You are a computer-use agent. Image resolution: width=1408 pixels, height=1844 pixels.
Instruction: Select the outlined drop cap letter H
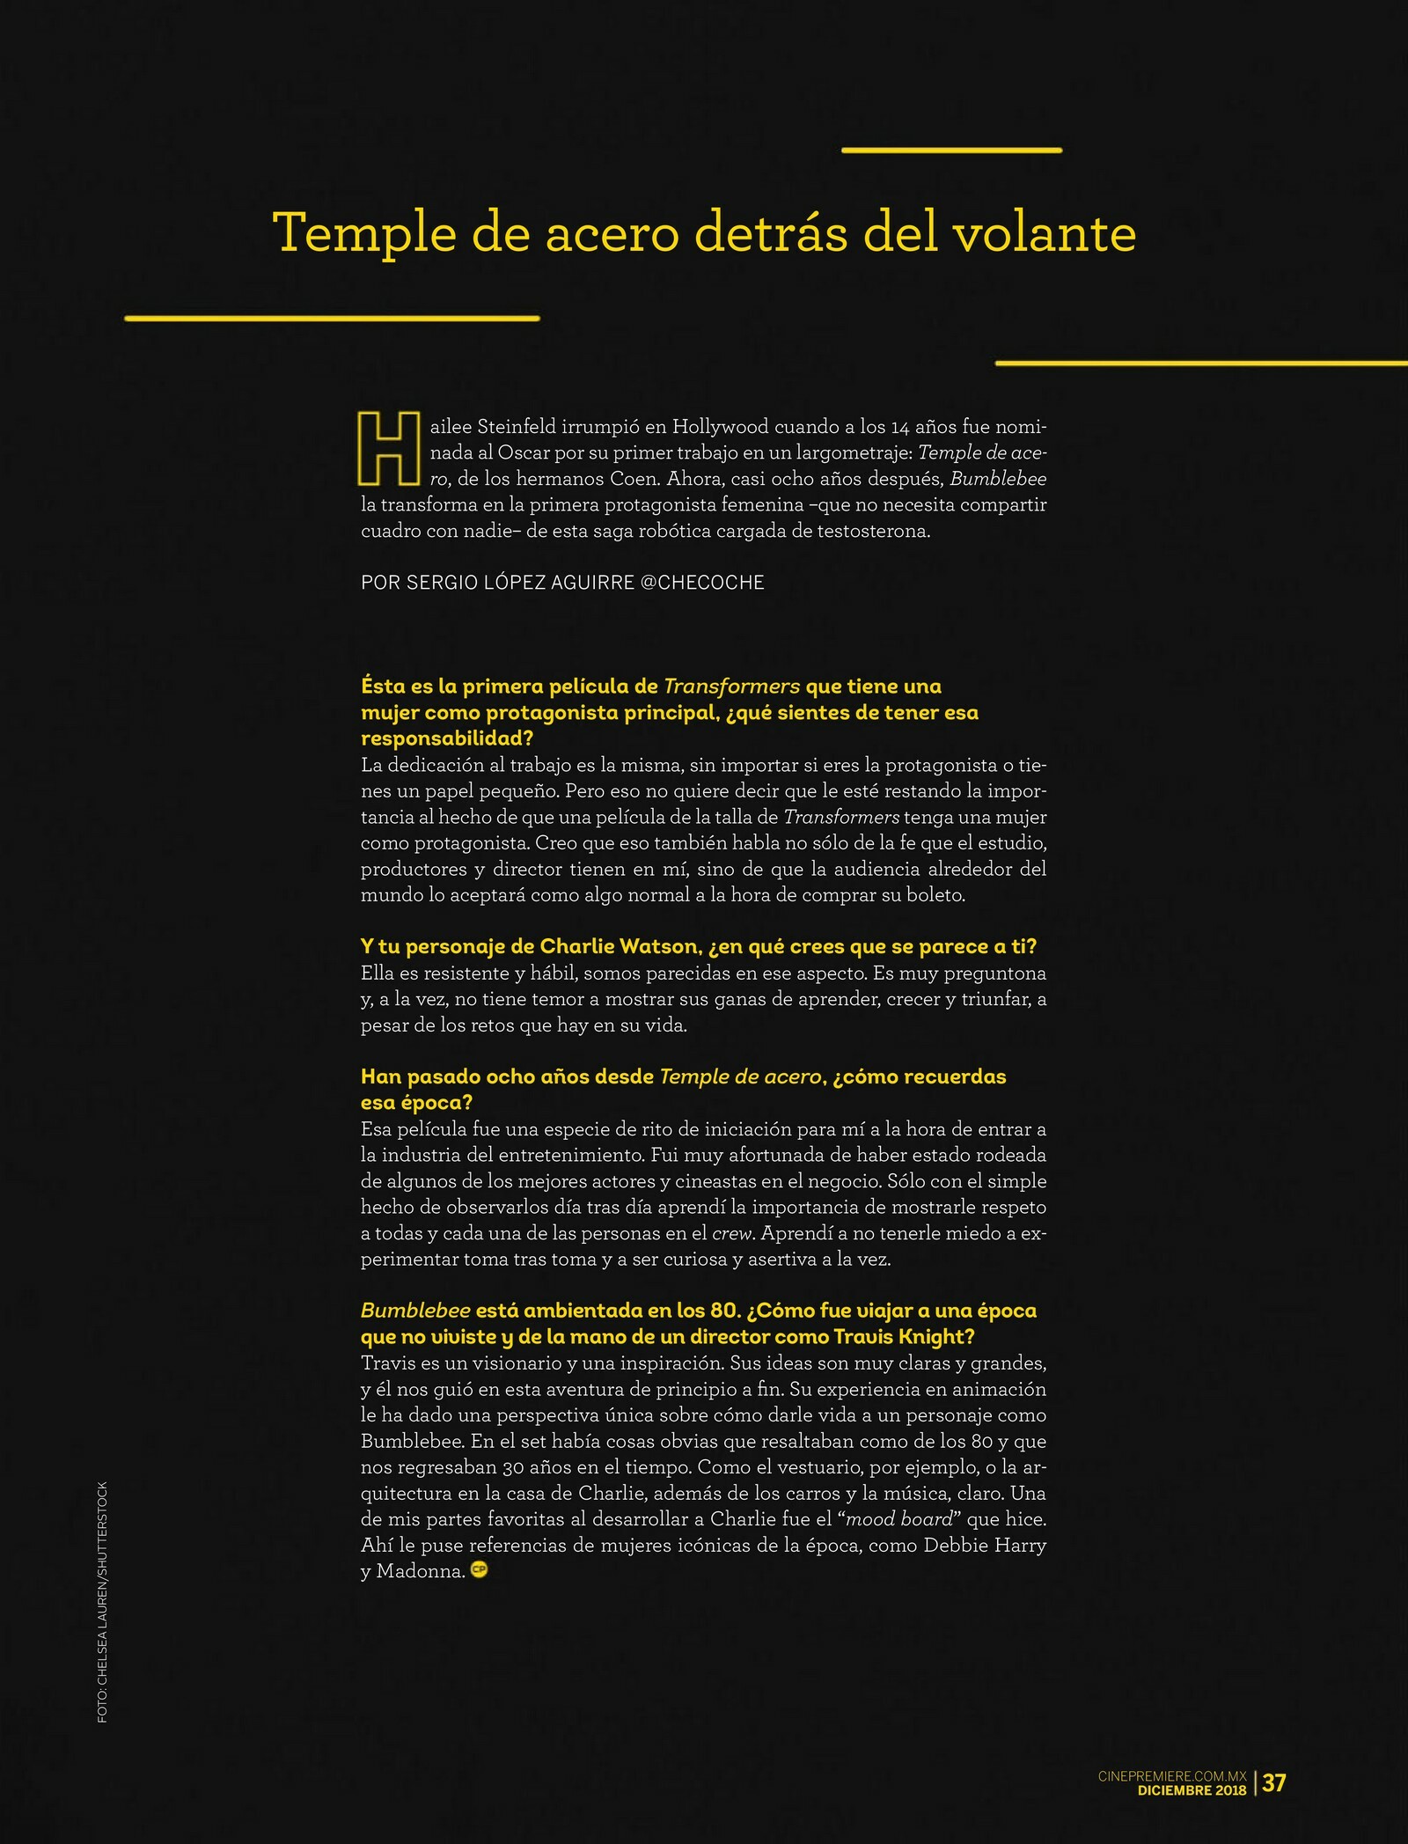[388, 448]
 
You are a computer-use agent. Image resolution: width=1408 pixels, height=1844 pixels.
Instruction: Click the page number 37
[1273, 1782]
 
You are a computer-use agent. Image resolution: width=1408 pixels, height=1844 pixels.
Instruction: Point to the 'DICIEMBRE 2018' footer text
[1192, 1789]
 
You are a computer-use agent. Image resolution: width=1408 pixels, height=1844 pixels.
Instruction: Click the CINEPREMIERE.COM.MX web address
[1172, 1776]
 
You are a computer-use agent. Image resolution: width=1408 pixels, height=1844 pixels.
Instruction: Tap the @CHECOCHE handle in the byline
[702, 583]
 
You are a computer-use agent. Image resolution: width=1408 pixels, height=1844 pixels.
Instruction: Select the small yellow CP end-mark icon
[479, 1569]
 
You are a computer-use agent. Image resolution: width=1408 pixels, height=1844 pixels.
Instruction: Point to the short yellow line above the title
[951, 151]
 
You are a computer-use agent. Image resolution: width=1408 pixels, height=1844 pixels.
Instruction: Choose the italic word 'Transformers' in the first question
[731, 687]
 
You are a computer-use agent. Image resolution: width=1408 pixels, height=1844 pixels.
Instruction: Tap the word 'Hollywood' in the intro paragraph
[721, 428]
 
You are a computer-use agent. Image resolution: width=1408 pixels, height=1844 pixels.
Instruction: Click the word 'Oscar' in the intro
[524, 453]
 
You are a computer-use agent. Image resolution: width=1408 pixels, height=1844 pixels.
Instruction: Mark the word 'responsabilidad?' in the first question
[447, 738]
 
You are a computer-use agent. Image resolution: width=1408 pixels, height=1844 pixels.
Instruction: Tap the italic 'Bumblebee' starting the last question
[415, 1311]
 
